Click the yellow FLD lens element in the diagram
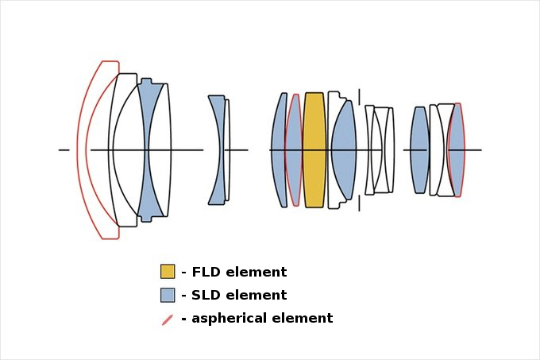pyautogui.click(x=314, y=149)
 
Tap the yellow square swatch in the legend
pyautogui.click(x=168, y=272)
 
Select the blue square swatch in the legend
pyautogui.click(x=168, y=295)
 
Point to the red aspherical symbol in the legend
pyautogui.click(x=168, y=319)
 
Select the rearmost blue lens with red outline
pyautogui.click(x=457, y=149)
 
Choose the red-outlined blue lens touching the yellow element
pyautogui.click(x=294, y=149)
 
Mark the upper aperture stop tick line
pyautogui.click(x=359, y=96)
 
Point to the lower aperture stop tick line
pyautogui.click(x=359, y=203)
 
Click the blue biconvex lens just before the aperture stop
pyautogui.click(x=345, y=149)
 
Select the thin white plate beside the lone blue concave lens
pyautogui.click(x=227, y=149)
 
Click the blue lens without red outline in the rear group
pyautogui.click(x=419, y=149)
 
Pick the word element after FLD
pyautogui.click(x=256, y=272)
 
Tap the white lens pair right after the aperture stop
pyautogui.click(x=380, y=149)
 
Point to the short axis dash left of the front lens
pyautogui.click(x=64, y=149)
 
